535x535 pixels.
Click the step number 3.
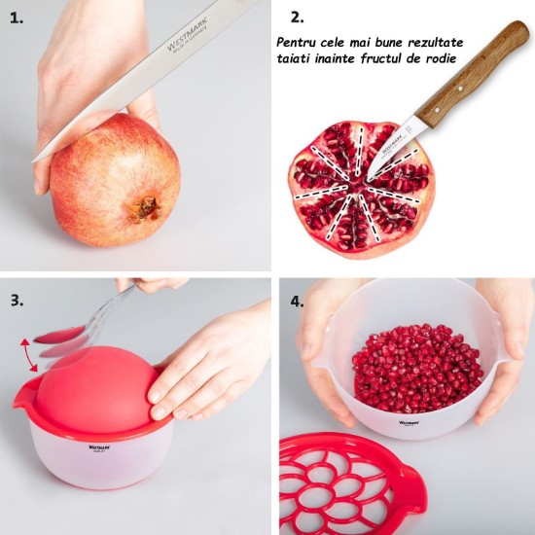coord(17,300)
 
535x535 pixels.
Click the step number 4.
coord(296,300)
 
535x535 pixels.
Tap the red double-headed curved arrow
coord(30,355)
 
